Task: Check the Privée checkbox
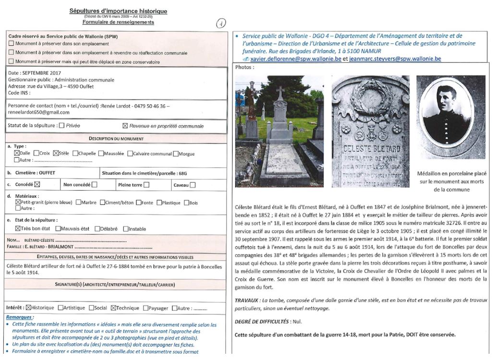(61, 126)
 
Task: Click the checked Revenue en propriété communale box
(125, 126)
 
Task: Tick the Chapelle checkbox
(74, 154)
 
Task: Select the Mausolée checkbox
(100, 154)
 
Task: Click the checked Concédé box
(37, 184)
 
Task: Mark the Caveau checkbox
(193, 185)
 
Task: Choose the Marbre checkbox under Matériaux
(78, 203)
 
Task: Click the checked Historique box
(28, 308)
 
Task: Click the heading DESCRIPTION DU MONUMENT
(116, 139)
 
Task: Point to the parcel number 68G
(182, 173)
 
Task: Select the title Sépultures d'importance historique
(118, 11)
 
